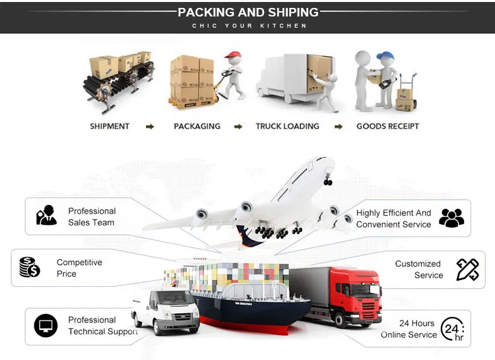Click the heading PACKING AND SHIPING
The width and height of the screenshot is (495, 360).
coord(247,13)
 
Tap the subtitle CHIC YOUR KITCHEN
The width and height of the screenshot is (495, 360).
coord(249,26)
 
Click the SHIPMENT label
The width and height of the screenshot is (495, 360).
coord(110,126)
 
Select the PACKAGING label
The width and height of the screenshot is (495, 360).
coord(197,126)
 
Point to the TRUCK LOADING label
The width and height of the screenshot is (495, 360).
coord(287,126)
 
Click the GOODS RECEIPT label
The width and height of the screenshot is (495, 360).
coord(387,126)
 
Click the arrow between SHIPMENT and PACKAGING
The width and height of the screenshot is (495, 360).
coord(150,127)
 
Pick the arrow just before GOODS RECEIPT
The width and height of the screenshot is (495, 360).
coord(339,127)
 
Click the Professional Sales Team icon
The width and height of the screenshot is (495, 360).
coord(46,216)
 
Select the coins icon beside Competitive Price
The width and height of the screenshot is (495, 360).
coord(30,267)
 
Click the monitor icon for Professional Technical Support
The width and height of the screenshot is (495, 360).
coord(46,326)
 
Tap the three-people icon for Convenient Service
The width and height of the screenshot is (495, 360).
coord(451,218)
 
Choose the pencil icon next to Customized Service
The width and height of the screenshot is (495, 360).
coord(467,269)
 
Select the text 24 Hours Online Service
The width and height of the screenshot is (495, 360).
coord(409,329)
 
